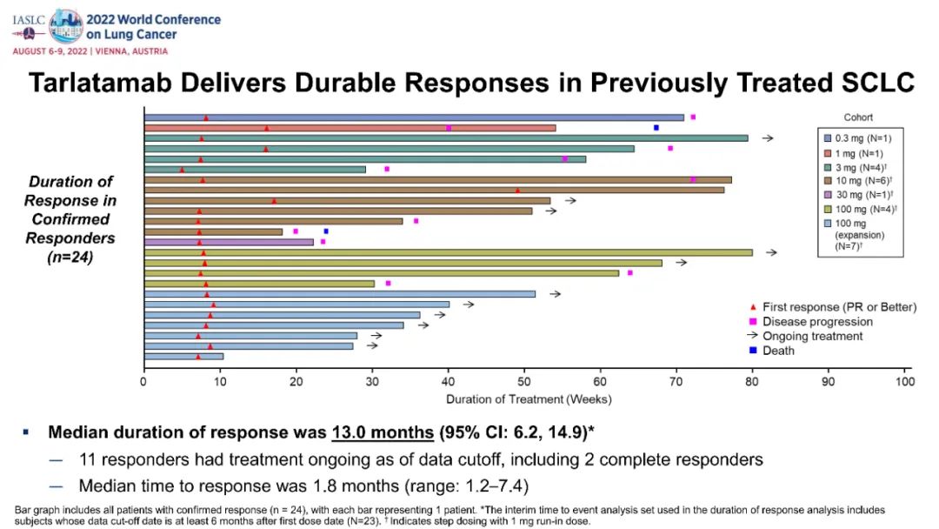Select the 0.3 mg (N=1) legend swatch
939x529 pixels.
828,137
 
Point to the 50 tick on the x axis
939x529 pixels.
524,380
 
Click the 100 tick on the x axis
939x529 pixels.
905,380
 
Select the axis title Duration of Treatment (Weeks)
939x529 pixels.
529,399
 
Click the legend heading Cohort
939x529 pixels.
859,117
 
